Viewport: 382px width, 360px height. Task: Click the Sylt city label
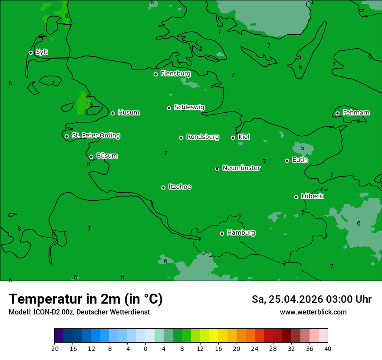42,52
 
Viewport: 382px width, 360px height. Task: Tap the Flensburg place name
175,74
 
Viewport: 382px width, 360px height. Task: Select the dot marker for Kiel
233,137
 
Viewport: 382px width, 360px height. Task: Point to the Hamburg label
241,233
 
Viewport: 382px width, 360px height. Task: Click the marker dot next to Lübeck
296,197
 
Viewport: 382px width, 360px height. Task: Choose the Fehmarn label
356,113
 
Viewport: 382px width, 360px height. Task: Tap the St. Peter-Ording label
95,136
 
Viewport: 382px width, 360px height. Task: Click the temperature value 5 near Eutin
303,148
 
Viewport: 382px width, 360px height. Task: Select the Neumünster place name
241,168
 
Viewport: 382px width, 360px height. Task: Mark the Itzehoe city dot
163,187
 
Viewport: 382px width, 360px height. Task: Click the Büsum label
107,156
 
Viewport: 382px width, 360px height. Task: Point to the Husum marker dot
112,113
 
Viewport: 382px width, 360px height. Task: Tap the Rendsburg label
203,137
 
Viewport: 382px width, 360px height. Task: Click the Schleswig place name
189,107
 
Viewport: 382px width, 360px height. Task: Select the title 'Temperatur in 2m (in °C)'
86,299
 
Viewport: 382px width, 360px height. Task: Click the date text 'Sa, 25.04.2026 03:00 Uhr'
311,299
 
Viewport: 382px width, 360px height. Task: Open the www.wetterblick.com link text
313,312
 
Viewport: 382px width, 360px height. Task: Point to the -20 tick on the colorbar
54,348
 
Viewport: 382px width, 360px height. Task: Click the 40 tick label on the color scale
328,348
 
